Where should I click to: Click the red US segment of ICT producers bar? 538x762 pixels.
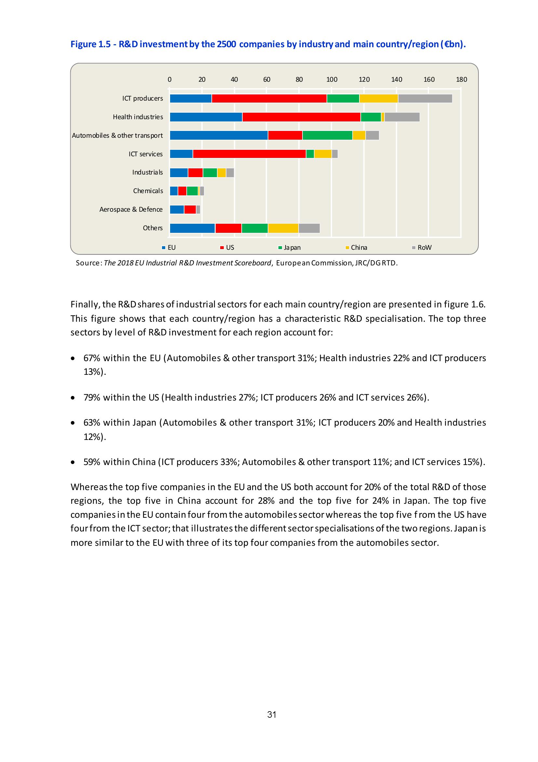click(x=269, y=99)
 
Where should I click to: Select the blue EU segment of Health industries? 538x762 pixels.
click(x=206, y=117)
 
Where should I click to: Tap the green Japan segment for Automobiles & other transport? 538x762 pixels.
click(x=327, y=135)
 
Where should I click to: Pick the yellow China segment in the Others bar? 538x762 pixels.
click(x=283, y=228)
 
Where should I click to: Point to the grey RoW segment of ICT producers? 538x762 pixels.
click(x=425, y=99)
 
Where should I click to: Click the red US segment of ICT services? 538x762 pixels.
click(x=249, y=154)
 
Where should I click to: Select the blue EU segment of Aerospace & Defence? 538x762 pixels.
click(x=177, y=210)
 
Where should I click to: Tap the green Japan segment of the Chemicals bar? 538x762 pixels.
click(x=192, y=191)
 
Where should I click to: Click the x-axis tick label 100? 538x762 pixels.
click(x=331, y=80)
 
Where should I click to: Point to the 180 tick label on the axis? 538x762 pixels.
click(x=462, y=80)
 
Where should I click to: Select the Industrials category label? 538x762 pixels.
click(x=147, y=173)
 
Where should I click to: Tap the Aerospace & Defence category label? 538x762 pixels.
click(x=131, y=210)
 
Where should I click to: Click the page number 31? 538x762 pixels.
click(x=272, y=714)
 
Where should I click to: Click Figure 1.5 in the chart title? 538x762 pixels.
click(x=90, y=45)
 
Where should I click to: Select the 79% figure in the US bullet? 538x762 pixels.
click(x=92, y=397)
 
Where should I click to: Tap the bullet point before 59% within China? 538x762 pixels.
click(x=73, y=462)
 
